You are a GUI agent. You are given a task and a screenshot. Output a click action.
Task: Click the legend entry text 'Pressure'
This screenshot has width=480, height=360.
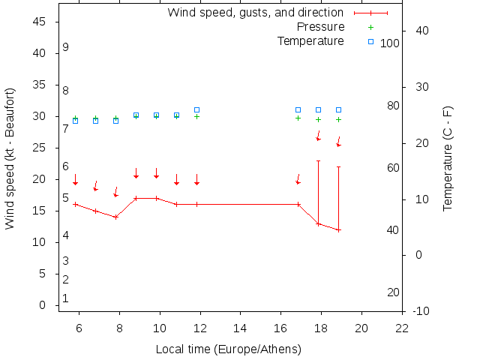pyautogui.click(x=320, y=27)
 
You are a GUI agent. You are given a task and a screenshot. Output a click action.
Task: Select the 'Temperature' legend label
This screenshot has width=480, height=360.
pyautogui.click(x=310, y=40)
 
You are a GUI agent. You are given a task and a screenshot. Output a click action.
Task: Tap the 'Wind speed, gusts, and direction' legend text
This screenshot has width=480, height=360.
pyautogui.click(x=255, y=13)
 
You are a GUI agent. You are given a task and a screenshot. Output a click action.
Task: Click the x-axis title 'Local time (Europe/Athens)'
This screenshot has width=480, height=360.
pyautogui.click(x=228, y=349)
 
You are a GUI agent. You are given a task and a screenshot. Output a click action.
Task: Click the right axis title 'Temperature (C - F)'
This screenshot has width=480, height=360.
pyautogui.click(x=448, y=158)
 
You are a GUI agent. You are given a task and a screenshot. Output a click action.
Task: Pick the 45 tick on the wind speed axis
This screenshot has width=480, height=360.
pyautogui.click(x=40, y=22)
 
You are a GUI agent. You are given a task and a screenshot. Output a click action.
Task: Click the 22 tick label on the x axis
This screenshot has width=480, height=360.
pyautogui.click(x=402, y=328)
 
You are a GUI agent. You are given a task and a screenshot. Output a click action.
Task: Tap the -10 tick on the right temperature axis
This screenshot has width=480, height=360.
pyautogui.click(x=421, y=310)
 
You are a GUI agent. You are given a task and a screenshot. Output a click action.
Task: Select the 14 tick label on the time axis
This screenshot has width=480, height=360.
pyautogui.click(x=241, y=328)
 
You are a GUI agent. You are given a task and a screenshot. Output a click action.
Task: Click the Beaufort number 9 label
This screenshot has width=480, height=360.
pyautogui.click(x=66, y=47)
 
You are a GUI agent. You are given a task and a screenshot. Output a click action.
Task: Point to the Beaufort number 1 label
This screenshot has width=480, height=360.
pyautogui.click(x=66, y=298)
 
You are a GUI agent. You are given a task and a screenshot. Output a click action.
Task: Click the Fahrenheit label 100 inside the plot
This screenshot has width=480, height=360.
pyautogui.click(x=390, y=43)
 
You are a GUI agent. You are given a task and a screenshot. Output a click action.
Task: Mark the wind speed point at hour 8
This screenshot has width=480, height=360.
pyautogui.click(x=115, y=217)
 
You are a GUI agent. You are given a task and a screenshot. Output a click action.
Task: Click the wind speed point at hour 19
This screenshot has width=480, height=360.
pyautogui.click(x=338, y=230)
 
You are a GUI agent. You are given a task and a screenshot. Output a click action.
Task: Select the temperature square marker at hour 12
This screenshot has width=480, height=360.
pyautogui.click(x=196, y=110)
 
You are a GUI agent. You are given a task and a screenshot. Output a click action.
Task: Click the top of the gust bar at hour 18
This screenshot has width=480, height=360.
pyautogui.click(x=318, y=160)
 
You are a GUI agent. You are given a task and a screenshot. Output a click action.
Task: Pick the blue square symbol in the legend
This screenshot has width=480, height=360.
pyautogui.click(x=370, y=40)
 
